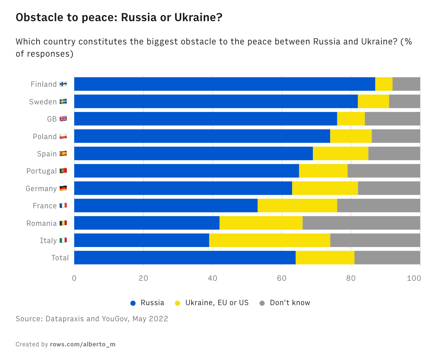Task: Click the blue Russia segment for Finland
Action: (x=225, y=84)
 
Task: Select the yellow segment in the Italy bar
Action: (x=269, y=240)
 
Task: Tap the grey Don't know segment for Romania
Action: (x=361, y=223)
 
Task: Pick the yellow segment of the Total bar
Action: (x=325, y=257)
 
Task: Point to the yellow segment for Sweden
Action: (x=373, y=101)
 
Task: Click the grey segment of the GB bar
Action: (x=393, y=119)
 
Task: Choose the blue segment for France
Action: (x=166, y=205)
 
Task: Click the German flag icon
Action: (x=63, y=188)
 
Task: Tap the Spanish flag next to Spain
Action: (x=63, y=153)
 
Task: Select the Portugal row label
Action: (x=42, y=171)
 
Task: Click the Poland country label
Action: (x=45, y=137)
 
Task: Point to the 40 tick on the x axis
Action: (x=213, y=278)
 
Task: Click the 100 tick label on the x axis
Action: (x=414, y=278)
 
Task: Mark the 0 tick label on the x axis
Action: (x=74, y=278)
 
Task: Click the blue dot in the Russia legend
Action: (x=133, y=303)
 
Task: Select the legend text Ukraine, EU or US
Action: (x=217, y=303)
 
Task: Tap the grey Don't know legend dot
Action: (x=262, y=303)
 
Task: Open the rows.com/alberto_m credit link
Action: (x=83, y=345)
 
